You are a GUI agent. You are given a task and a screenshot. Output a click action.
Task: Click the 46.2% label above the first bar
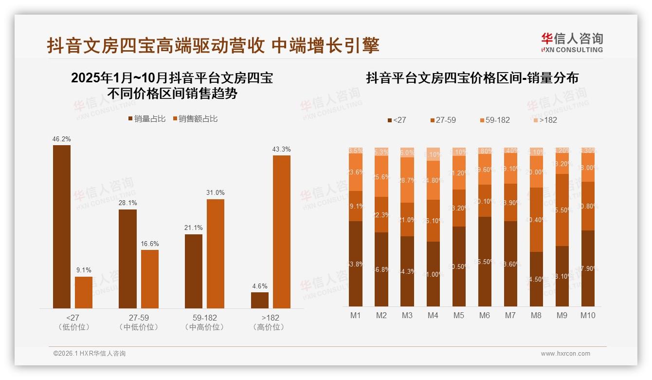pos(62,139)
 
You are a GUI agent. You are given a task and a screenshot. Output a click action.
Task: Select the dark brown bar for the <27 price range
pos(62,227)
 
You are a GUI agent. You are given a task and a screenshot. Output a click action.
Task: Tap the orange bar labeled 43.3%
pos(282,231)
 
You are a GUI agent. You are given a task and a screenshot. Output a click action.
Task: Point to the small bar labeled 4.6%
pos(260,300)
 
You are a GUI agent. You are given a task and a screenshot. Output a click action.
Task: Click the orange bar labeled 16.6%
pos(150,279)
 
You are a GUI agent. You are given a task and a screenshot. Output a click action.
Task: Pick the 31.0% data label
pos(216,193)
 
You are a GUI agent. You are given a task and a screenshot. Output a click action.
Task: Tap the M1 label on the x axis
pos(356,316)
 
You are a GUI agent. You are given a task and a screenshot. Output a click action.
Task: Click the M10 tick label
pos(588,316)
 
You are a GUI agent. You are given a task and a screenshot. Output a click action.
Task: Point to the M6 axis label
pos(485,316)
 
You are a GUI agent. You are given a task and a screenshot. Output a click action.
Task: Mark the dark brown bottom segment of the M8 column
pos(536,279)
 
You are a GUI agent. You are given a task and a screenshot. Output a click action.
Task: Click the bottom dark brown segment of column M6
pos(485,262)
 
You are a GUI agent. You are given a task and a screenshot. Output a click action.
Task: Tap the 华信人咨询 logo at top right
pos(572,42)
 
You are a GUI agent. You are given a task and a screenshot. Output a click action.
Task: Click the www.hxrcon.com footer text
pos(565,354)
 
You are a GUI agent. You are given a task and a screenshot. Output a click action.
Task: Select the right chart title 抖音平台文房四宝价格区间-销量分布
pos(472,78)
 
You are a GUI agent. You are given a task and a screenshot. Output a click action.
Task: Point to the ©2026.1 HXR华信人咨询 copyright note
pos(90,354)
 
